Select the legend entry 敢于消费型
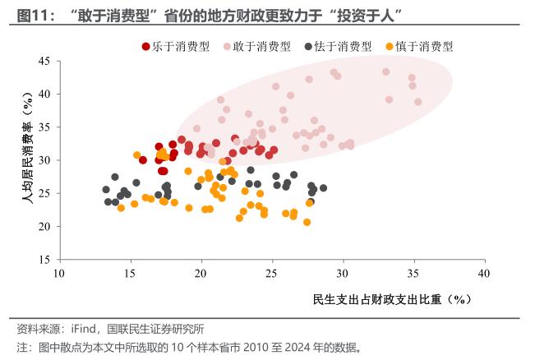click(x=262, y=48)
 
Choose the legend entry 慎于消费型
click(x=423, y=48)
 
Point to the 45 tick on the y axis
click(x=44, y=62)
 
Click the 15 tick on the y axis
click(x=44, y=259)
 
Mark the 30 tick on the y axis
click(x=44, y=160)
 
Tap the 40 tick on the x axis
click(x=485, y=273)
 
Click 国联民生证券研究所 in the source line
click(x=155, y=329)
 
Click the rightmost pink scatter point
click(x=417, y=102)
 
